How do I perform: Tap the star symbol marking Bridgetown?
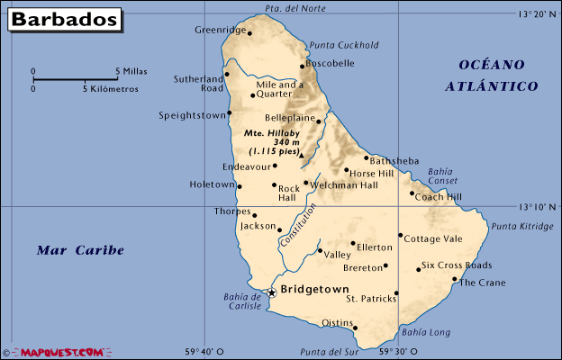click(x=271, y=292)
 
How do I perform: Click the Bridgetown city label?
click(x=314, y=290)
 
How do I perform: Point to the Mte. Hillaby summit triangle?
click(x=302, y=155)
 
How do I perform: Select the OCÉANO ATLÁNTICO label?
click(x=492, y=76)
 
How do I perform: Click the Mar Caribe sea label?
click(x=80, y=250)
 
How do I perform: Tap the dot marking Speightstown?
click(x=230, y=113)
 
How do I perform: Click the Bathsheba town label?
click(x=394, y=161)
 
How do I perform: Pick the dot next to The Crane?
click(x=454, y=279)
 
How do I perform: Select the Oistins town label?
click(x=339, y=323)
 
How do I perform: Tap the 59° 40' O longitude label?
click(x=205, y=351)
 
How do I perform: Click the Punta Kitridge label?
click(x=523, y=227)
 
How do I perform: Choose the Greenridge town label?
click(x=220, y=30)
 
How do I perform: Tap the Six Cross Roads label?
click(x=457, y=265)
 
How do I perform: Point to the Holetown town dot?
click(x=239, y=186)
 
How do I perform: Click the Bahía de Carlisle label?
click(x=241, y=301)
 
